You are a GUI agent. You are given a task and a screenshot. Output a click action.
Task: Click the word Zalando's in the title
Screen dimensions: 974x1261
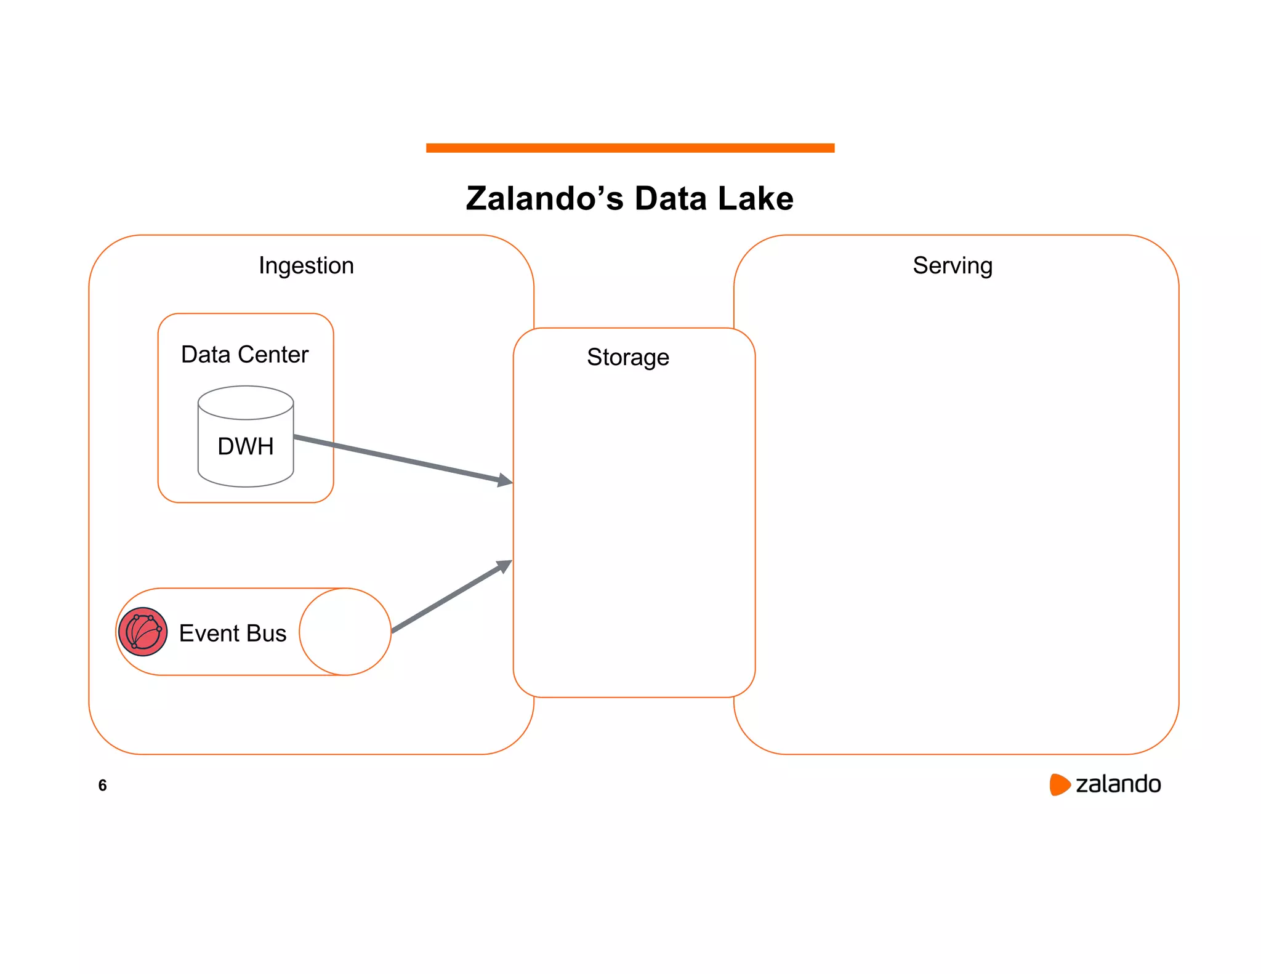click(544, 199)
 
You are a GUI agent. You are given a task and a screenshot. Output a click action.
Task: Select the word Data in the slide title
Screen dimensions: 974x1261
click(670, 199)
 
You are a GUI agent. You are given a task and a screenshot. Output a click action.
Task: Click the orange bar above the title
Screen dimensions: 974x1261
click(630, 148)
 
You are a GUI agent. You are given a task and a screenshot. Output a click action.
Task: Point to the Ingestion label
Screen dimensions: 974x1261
click(306, 265)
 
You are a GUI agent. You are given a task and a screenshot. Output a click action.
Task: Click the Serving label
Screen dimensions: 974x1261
click(952, 265)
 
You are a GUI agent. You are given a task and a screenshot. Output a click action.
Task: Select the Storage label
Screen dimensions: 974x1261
click(627, 357)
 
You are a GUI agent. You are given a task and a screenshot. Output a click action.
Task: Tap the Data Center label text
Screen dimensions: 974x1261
click(244, 355)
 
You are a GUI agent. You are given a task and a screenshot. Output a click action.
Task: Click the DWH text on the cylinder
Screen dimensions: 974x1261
click(245, 446)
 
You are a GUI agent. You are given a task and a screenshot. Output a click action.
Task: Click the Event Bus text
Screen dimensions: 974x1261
click(232, 633)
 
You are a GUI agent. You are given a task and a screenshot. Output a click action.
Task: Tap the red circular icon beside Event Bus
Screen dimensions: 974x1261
click(142, 632)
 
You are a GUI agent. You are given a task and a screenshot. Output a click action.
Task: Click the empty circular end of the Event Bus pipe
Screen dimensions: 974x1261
click(345, 632)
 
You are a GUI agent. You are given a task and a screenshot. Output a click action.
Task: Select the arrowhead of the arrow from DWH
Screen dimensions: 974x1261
click(505, 480)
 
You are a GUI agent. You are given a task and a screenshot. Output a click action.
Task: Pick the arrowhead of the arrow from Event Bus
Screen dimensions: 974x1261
click(504, 566)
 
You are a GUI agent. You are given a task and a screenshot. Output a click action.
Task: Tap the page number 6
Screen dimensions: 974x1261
click(102, 785)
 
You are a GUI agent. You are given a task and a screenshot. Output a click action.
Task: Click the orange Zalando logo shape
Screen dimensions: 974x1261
click(1059, 784)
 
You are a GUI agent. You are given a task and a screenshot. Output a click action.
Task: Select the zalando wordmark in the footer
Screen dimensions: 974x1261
click(1118, 784)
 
